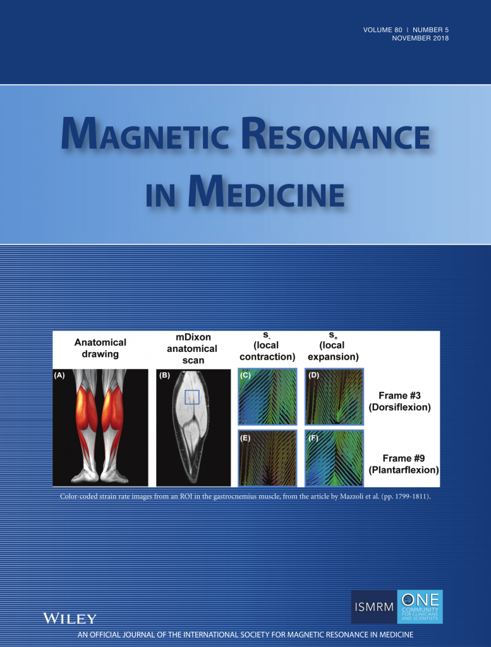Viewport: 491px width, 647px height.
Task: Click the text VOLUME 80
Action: click(x=382, y=30)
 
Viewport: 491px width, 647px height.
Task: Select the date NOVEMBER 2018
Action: click(x=420, y=38)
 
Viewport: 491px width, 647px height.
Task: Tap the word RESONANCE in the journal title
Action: click(x=336, y=134)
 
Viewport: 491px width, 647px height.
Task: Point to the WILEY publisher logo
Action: click(x=70, y=618)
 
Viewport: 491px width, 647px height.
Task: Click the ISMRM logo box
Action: click(x=374, y=607)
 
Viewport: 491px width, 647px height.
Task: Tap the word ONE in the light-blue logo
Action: click(x=420, y=600)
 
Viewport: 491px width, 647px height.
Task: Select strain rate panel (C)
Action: click(x=267, y=397)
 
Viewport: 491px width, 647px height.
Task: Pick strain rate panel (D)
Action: click(x=334, y=397)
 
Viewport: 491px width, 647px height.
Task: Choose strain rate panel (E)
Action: click(x=267, y=458)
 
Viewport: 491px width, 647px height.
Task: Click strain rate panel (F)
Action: click(x=334, y=458)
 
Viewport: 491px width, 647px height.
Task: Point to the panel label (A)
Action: click(x=59, y=375)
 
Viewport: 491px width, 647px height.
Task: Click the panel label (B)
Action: click(x=165, y=375)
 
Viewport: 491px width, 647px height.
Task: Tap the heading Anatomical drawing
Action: click(x=100, y=348)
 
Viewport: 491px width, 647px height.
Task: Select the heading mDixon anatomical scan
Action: click(x=192, y=349)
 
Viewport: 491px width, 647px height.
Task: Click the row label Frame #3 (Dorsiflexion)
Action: click(x=399, y=401)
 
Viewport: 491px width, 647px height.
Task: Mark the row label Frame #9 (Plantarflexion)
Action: click(x=404, y=464)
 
